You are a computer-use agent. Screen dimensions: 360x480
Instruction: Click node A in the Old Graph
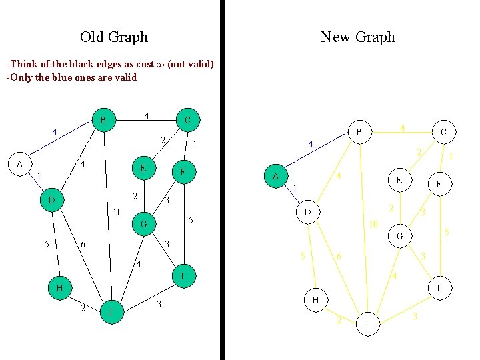pyautogui.click(x=20, y=164)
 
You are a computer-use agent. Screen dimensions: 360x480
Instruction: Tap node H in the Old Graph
pyautogui.click(x=60, y=288)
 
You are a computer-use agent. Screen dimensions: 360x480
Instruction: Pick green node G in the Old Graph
pyautogui.click(x=143, y=224)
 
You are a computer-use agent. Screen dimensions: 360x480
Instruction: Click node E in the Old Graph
pyautogui.click(x=143, y=168)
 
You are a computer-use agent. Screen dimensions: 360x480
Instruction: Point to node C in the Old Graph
pyautogui.click(x=187, y=120)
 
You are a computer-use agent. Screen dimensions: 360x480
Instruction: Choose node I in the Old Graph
pyautogui.click(x=183, y=275)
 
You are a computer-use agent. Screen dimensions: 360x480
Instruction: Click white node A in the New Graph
pyautogui.click(x=275, y=176)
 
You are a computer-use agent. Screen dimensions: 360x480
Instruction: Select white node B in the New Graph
pyautogui.click(x=359, y=132)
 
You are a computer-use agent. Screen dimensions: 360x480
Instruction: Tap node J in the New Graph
pyautogui.click(x=366, y=324)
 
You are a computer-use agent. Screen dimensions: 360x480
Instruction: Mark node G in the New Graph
pyautogui.click(x=399, y=236)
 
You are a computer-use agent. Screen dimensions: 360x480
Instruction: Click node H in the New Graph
pyautogui.click(x=315, y=300)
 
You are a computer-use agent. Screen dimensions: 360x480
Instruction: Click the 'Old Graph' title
pyautogui.click(x=114, y=37)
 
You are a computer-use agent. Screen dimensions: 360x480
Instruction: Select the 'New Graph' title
pyautogui.click(x=358, y=37)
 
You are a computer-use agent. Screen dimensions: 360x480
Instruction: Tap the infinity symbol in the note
pyautogui.click(x=159, y=65)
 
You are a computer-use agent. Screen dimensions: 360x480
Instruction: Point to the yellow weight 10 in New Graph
pyautogui.click(x=374, y=224)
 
